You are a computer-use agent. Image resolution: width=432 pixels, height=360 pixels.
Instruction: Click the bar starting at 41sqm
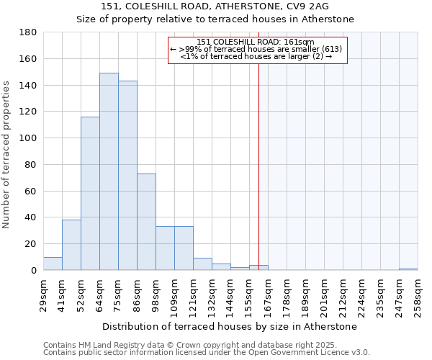tap(71, 245)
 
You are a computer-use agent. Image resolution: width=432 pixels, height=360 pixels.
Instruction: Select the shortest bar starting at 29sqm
tap(53, 264)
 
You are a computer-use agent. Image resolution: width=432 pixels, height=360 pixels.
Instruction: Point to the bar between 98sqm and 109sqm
tap(165, 248)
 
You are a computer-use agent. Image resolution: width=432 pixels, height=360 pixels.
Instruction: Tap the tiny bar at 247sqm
tap(408, 269)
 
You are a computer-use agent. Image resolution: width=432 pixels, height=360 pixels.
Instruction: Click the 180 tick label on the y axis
tap(28, 32)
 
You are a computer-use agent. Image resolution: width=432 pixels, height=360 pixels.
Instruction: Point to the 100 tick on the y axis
tap(28, 138)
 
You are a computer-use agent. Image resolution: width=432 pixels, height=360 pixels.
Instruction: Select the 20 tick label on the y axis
tap(31, 244)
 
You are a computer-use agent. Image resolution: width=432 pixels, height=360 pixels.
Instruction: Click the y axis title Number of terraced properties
tap(6, 155)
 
